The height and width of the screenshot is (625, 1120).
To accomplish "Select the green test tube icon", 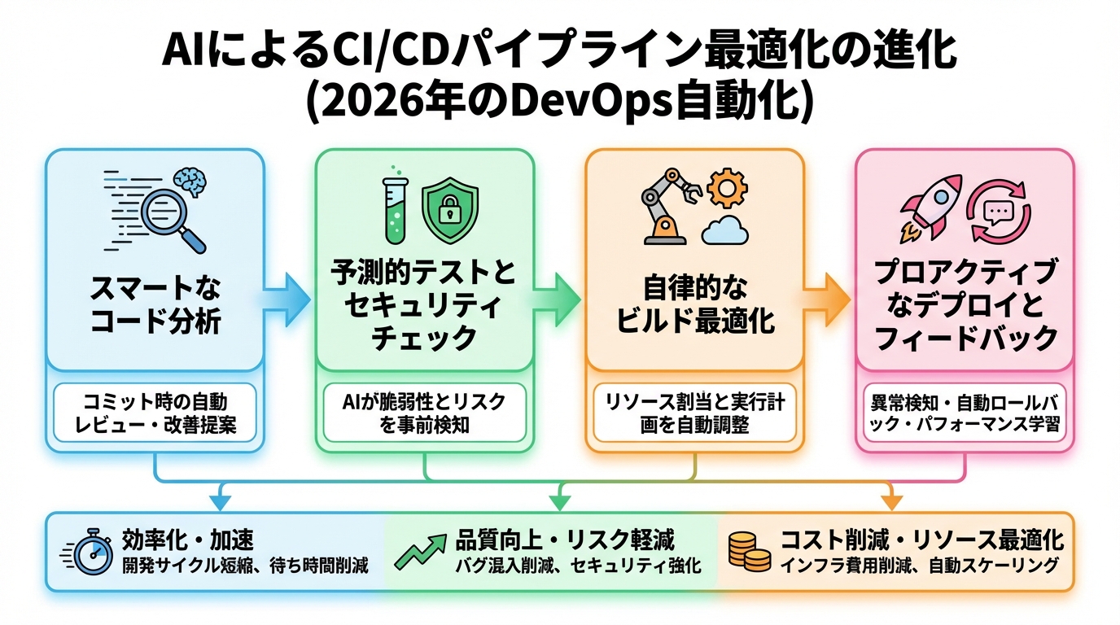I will pyautogui.click(x=395, y=209).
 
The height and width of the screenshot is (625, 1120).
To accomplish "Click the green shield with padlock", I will pyautogui.click(x=449, y=210).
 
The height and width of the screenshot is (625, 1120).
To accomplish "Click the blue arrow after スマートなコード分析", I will pyautogui.click(x=288, y=301).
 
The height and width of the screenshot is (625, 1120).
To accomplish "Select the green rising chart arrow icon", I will pyautogui.click(x=420, y=551).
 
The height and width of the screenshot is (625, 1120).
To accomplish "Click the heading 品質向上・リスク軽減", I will pyautogui.click(x=565, y=540).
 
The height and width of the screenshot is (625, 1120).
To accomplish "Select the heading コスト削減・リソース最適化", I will pyautogui.click(x=921, y=540).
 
